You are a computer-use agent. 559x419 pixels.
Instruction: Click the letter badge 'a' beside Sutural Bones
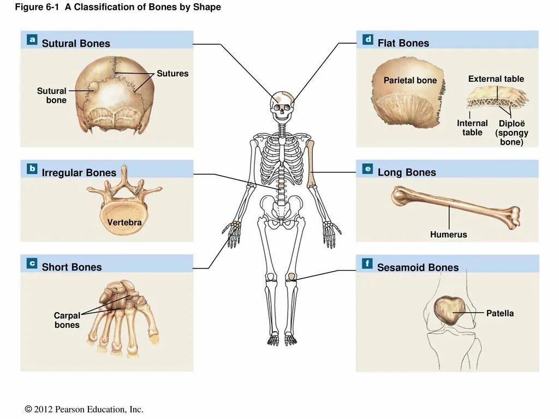32,40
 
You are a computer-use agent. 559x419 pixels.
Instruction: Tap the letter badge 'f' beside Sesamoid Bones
367,265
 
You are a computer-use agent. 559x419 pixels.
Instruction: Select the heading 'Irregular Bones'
79,173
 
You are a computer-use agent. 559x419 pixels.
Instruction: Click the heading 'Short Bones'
72,267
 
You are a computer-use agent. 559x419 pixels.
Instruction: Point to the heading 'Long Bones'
407,172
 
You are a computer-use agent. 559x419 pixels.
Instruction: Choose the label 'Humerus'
448,235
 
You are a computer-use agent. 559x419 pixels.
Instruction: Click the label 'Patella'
500,313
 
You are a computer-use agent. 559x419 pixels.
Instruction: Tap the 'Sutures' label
173,74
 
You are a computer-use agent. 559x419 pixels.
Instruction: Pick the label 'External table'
496,79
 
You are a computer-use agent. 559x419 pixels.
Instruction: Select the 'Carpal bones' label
67,320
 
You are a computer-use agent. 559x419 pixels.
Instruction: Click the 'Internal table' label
472,128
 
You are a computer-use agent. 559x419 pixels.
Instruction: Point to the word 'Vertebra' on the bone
124,222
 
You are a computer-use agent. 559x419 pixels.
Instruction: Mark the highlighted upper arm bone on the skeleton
312,164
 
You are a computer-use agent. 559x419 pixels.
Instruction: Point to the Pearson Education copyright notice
84,409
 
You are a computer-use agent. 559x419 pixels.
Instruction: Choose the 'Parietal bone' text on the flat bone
410,81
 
